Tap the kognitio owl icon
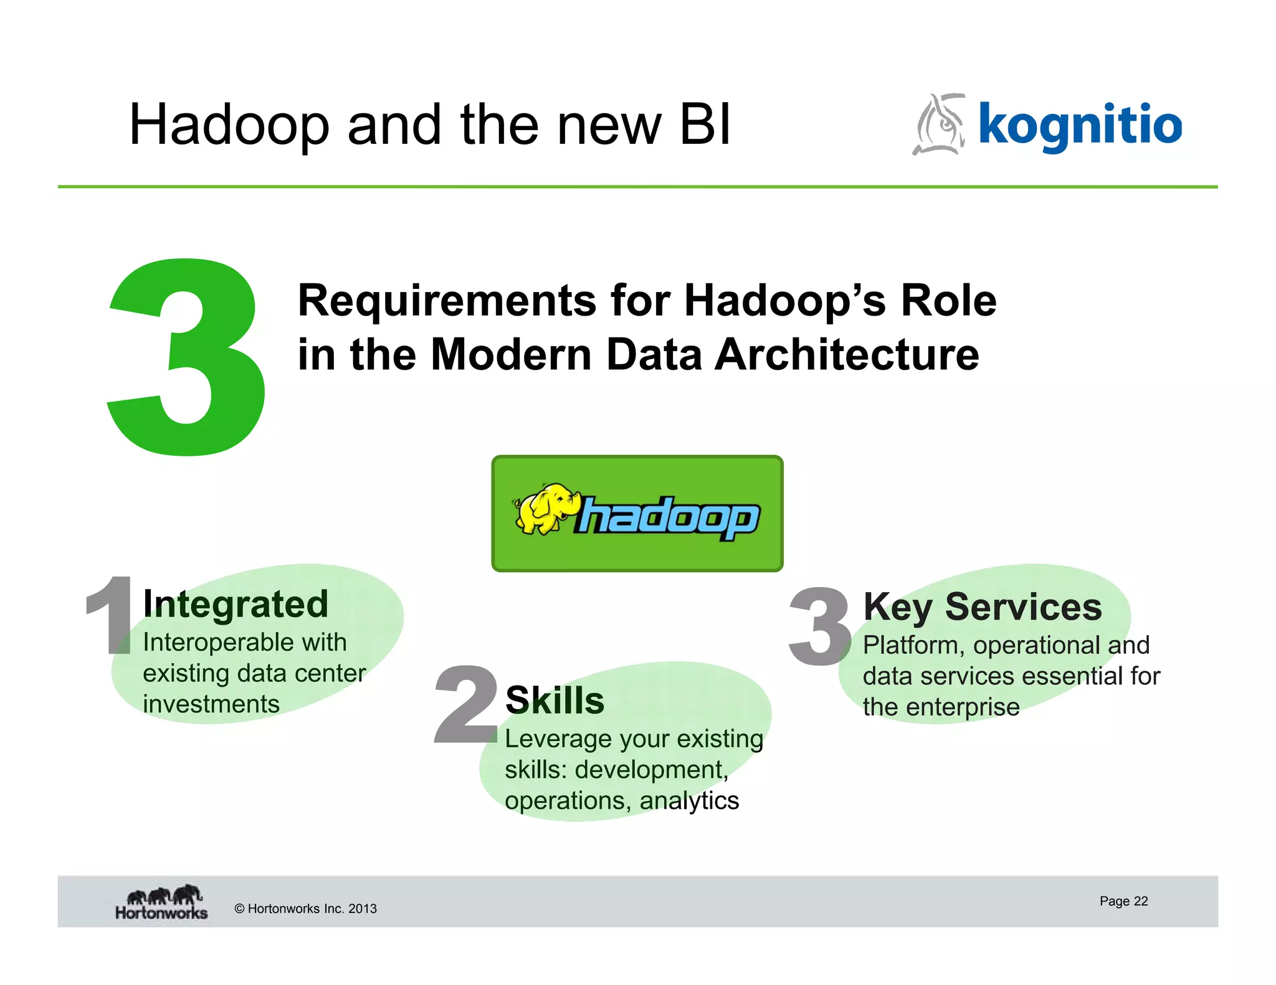(940, 125)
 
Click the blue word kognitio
(1080, 125)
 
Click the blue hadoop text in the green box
(669, 517)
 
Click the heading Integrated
(236, 604)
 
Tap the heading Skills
(555, 700)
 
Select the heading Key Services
(982, 606)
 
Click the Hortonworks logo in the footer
(161, 902)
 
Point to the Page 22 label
(1123, 901)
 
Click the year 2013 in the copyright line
(363, 908)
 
